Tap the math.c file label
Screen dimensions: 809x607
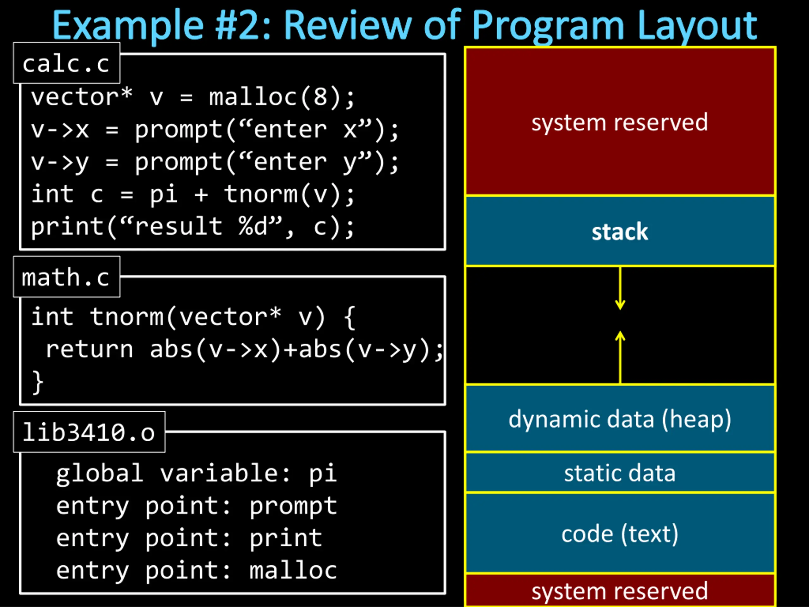pyautogui.click(x=66, y=277)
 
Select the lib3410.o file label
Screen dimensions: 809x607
pyautogui.click(x=89, y=432)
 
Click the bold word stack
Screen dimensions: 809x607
pyautogui.click(x=620, y=232)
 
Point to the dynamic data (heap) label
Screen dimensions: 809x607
pyautogui.click(x=620, y=419)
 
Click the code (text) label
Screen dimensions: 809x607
pyautogui.click(x=620, y=534)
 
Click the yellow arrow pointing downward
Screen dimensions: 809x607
pyautogui.click(x=620, y=288)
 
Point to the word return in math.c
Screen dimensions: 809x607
pyautogui.click(x=89, y=349)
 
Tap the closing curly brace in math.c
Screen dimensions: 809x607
pyautogui.click(x=38, y=382)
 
